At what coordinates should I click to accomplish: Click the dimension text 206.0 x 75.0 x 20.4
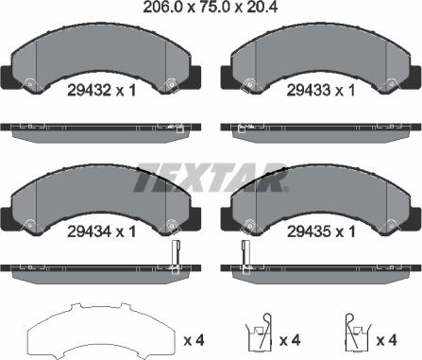point(211,7)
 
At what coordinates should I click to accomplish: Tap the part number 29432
point(89,91)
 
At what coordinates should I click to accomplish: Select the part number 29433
point(309,91)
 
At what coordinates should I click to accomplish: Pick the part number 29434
point(89,232)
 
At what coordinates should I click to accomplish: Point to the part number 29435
point(309,232)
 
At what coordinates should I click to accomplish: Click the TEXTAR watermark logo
point(211,178)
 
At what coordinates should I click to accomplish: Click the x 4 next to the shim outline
point(194,340)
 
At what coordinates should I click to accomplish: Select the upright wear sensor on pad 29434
point(176,256)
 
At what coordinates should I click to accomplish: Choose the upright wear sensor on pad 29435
point(245,256)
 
